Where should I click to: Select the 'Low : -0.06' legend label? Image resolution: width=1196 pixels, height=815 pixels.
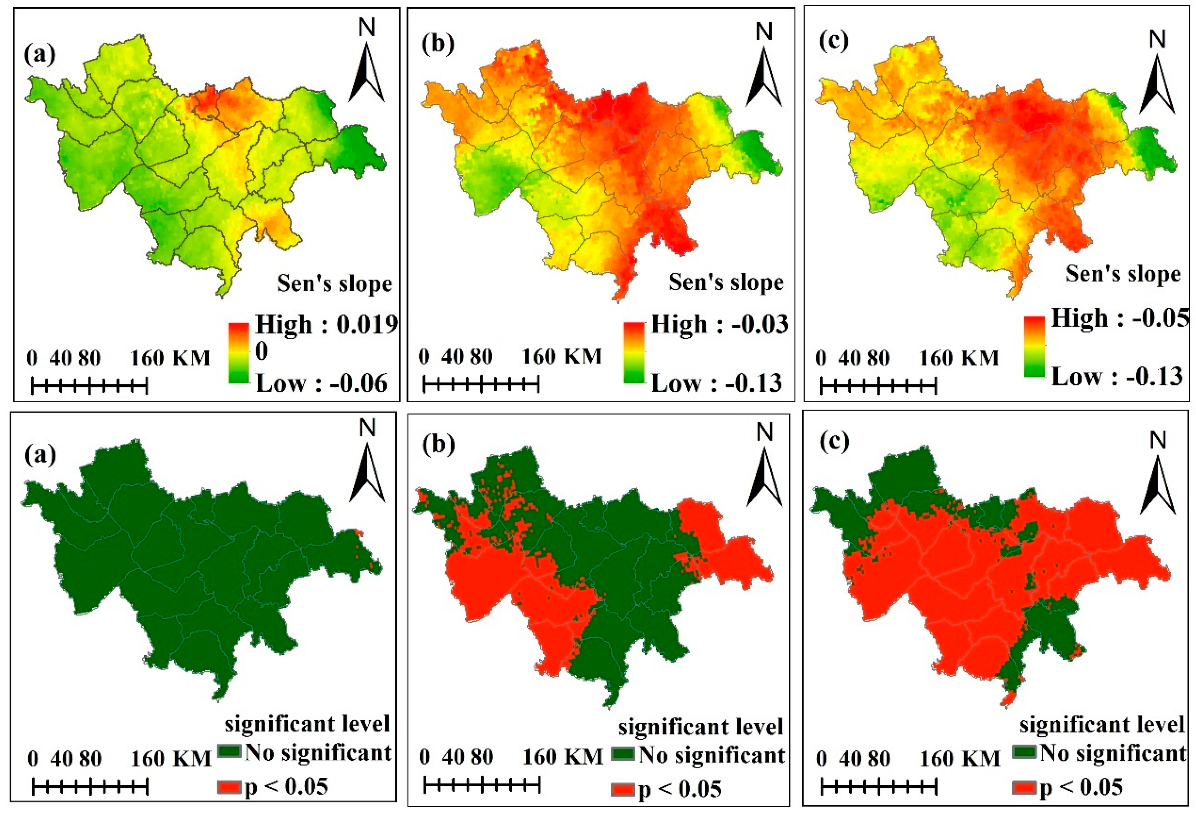(321, 383)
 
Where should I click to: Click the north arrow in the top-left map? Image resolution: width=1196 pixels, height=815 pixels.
(367, 72)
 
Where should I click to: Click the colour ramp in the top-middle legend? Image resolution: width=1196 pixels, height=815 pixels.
(634, 353)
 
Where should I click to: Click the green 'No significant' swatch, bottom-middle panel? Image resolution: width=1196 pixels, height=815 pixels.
(623, 755)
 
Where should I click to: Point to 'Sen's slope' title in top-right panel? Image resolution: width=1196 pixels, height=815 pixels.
(1123, 274)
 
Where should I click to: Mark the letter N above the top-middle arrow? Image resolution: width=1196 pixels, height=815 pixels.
(764, 32)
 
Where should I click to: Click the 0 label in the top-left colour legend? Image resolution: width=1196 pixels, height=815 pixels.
(262, 352)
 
